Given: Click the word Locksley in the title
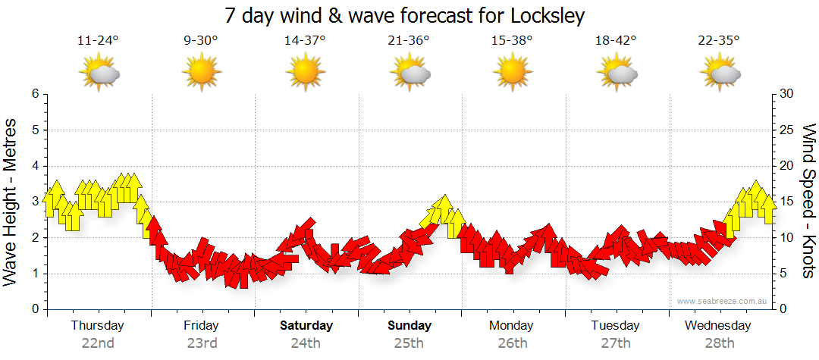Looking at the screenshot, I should pyautogui.click(x=544, y=15).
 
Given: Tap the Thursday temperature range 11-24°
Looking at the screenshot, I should pyautogui.click(x=98, y=40).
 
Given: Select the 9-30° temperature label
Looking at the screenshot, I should pyautogui.click(x=201, y=40).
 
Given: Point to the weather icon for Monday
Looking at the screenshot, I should pyautogui.click(x=512, y=73).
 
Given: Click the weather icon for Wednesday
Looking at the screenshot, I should pyautogui.click(x=719, y=73).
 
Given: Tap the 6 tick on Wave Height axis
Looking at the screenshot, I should pyautogui.click(x=34, y=94).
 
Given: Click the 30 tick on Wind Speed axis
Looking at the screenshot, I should pyautogui.click(x=786, y=94).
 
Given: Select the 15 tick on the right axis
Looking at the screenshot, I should pyautogui.click(x=786, y=202).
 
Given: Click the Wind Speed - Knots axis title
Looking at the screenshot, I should pyautogui.click(x=808, y=202).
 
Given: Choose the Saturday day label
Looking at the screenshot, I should pyautogui.click(x=306, y=326).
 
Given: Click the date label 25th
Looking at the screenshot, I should pyautogui.click(x=409, y=343).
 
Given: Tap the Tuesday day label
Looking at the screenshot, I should pyautogui.click(x=615, y=326).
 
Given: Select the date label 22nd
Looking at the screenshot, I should pyautogui.click(x=98, y=343).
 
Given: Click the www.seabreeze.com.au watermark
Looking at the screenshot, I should pyautogui.click(x=723, y=301).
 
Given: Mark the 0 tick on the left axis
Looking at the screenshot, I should pyautogui.click(x=34, y=309).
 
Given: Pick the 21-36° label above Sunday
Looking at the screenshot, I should pyautogui.click(x=408, y=40).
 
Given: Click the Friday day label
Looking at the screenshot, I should pyautogui.click(x=201, y=326).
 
